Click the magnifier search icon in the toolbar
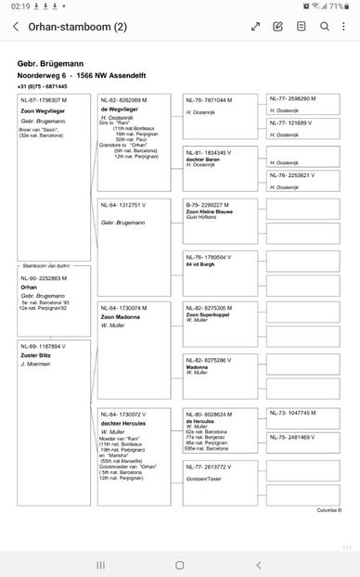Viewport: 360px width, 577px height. click(x=324, y=27)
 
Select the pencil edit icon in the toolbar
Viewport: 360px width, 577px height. click(x=278, y=27)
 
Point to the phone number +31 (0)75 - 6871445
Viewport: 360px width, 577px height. click(x=43, y=85)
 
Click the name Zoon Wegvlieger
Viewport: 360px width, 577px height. click(x=40, y=111)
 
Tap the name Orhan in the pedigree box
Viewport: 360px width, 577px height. click(x=30, y=288)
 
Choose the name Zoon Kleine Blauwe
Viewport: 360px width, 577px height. click(x=212, y=211)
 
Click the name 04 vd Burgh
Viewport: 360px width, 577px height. click(x=202, y=263)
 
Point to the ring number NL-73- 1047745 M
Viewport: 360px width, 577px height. click(x=291, y=412)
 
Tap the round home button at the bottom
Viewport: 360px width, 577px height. click(x=179, y=564)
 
